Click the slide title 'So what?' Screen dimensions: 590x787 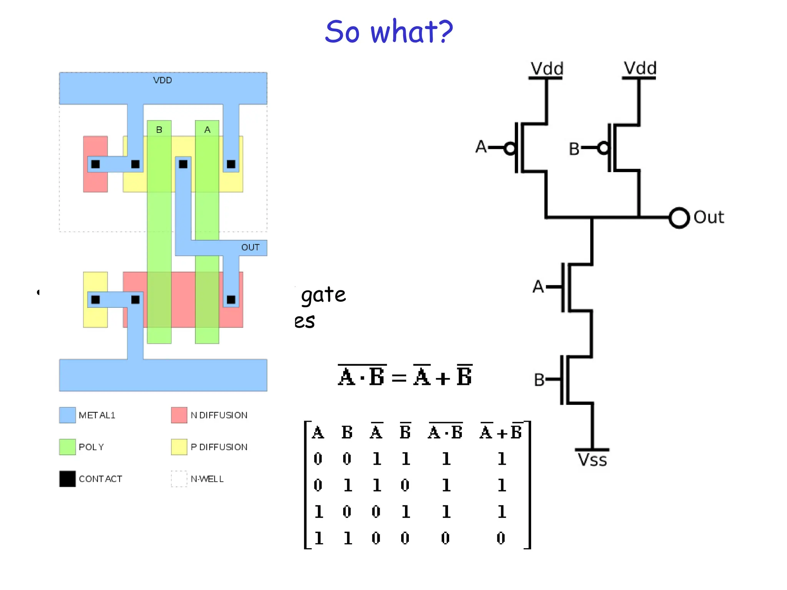pos(389,31)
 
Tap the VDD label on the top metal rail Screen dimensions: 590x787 pos(162,80)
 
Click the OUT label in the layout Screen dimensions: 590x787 pos(250,247)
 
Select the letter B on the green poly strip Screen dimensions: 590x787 pos(159,130)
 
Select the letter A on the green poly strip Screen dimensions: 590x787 pos(207,130)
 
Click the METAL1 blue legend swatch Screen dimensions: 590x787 pos(67,415)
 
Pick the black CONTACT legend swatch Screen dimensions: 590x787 pos(67,479)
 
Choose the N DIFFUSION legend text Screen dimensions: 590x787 pos(219,415)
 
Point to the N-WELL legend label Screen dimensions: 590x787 pos(207,479)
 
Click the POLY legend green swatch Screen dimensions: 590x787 pos(67,447)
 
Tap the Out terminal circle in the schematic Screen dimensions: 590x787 pos(679,218)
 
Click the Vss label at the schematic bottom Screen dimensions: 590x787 pos(592,460)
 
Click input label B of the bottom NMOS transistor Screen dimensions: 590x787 pos(539,380)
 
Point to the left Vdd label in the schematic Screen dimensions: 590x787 pos(547,69)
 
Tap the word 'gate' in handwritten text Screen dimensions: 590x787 pos(323,295)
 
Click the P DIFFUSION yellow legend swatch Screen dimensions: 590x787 pos(179,447)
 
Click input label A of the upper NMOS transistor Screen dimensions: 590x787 pos(538,287)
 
